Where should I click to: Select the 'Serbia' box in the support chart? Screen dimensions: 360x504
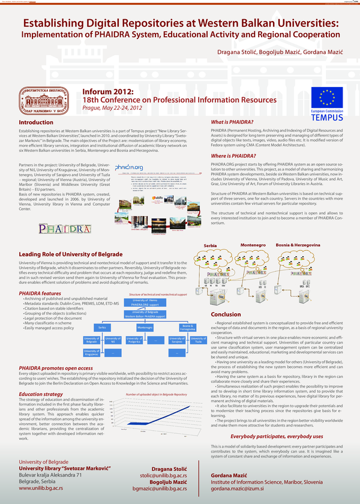pyautogui.click(x=103, y=328)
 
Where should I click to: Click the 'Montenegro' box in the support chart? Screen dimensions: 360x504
pyautogui.click(x=145, y=328)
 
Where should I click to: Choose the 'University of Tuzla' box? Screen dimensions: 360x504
pyautogui.click(x=198, y=340)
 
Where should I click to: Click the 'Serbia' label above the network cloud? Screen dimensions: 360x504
pyautogui.click(x=210, y=246)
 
